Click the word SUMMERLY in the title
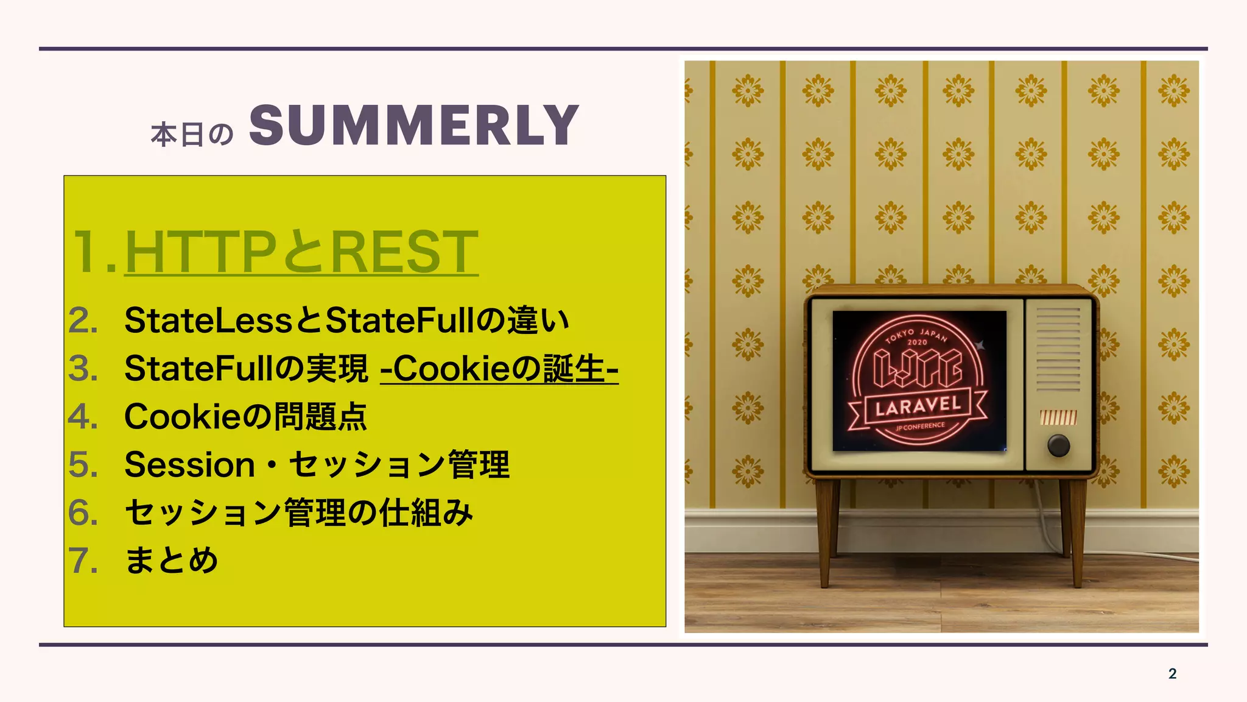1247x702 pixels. [x=414, y=126]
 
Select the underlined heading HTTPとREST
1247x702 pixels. [x=301, y=252]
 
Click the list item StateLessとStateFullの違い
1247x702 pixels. [x=346, y=321]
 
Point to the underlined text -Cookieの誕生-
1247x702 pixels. [x=499, y=369]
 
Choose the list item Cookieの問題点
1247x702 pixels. [x=245, y=417]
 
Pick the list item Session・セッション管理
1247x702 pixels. [x=317, y=465]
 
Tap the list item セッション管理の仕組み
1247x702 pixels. [x=298, y=512]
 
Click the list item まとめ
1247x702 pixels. [x=171, y=561]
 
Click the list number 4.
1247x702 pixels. [x=83, y=417]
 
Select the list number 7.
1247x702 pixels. [x=83, y=561]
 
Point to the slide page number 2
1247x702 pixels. [x=1172, y=673]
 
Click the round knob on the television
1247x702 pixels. [x=1058, y=445]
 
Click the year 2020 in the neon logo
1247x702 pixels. [x=917, y=342]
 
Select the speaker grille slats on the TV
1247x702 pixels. [x=1058, y=349]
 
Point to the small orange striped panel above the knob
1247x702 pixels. [x=1058, y=417]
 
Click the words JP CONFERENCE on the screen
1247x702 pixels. [x=920, y=427]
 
